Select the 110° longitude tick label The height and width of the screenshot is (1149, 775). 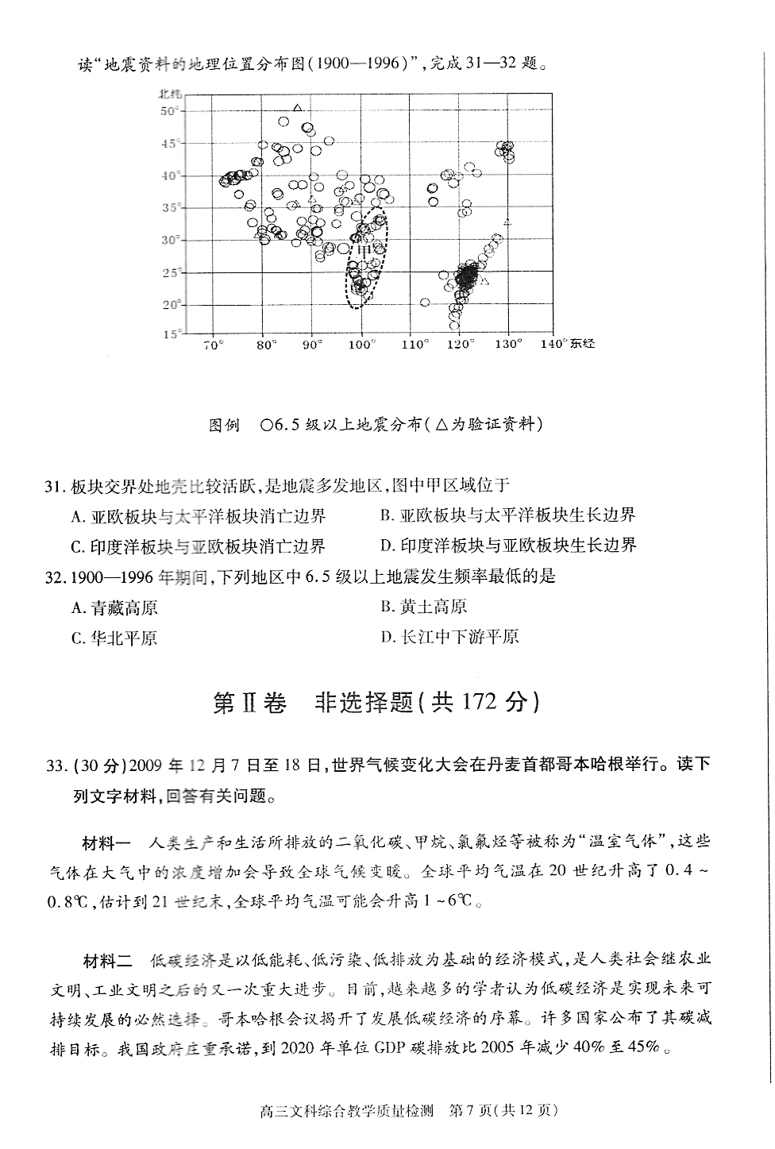tap(414, 345)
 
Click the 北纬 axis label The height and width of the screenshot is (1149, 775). tap(170, 94)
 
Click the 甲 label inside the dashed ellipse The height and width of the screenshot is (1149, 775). tap(364, 252)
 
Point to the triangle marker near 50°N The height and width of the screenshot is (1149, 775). tap(298, 108)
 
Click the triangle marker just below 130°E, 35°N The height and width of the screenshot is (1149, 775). tap(507, 222)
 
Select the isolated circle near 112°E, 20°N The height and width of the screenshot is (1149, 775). tap(425, 303)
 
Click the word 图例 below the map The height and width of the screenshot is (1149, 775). tap(223, 425)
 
